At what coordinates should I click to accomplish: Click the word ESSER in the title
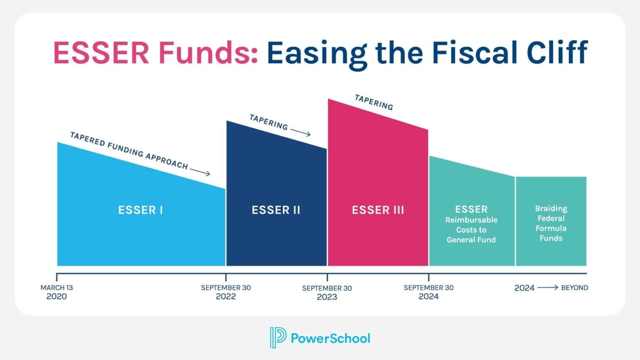click(x=101, y=52)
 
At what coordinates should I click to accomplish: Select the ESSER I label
click(x=140, y=210)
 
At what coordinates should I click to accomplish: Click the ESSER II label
click(x=276, y=210)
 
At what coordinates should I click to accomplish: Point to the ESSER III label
click(x=378, y=210)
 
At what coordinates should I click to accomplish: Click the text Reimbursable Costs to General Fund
click(x=471, y=230)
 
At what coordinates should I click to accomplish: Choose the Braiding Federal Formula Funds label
click(x=551, y=223)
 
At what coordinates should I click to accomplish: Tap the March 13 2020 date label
click(x=57, y=292)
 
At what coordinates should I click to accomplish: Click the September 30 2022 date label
click(x=226, y=292)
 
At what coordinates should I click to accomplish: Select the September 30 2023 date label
click(x=327, y=292)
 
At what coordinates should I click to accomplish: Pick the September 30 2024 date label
click(x=428, y=292)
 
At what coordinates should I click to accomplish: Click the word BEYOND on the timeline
click(x=575, y=288)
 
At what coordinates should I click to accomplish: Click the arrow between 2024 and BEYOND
click(x=547, y=287)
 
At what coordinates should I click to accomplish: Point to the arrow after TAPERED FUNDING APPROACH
click(x=200, y=172)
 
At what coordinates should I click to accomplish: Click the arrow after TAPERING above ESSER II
click(x=300, y=132)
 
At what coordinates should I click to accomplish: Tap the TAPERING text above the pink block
click(x=374, y=102)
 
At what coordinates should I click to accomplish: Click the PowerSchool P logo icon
click(x=278, y=337)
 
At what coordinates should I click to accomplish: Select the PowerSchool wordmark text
click(x=330, y=338)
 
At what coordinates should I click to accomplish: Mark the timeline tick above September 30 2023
click(x=327, y=277)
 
